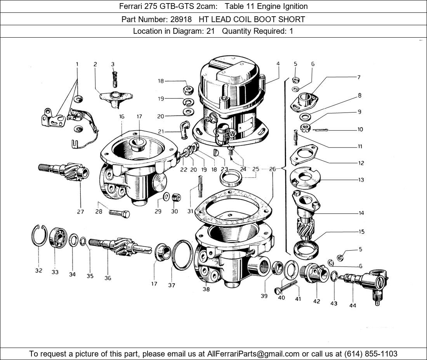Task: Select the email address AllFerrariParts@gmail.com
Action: (x=253, y=353)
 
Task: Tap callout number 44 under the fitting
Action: (x=352, y=305)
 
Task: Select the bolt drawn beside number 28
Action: (x=119, y=213)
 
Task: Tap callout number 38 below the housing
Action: (x=206, y=289)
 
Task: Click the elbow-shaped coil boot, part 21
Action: (x=183, y=128)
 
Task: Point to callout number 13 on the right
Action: (x=361, y=180)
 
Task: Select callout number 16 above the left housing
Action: (x=122, y=116)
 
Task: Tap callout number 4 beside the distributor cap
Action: (x=278, y=64)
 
